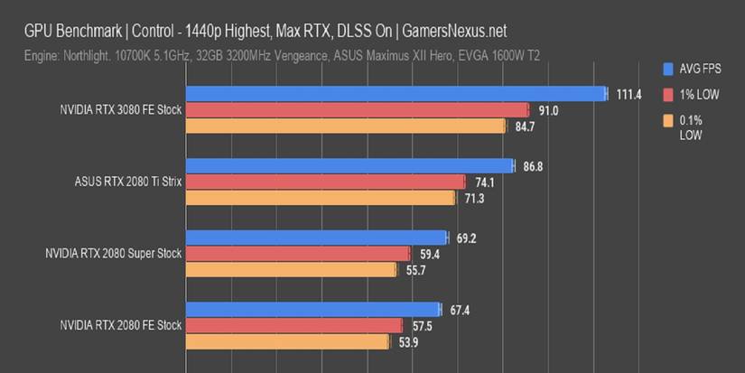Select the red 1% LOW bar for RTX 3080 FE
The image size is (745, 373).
coord(357,110)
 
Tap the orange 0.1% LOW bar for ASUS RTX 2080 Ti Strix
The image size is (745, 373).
coord(321,198)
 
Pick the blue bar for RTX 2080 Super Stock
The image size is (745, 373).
coord(316,238)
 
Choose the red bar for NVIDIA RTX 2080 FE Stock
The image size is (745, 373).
coord(293,325)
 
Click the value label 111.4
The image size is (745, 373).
coord(629,94)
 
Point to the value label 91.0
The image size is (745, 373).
coord(549,110)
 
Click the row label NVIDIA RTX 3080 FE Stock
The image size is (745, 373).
coord(120,110)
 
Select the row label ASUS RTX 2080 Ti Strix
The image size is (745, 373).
coord(128,182)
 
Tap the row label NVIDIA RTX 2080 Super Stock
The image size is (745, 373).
coord(113,254)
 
